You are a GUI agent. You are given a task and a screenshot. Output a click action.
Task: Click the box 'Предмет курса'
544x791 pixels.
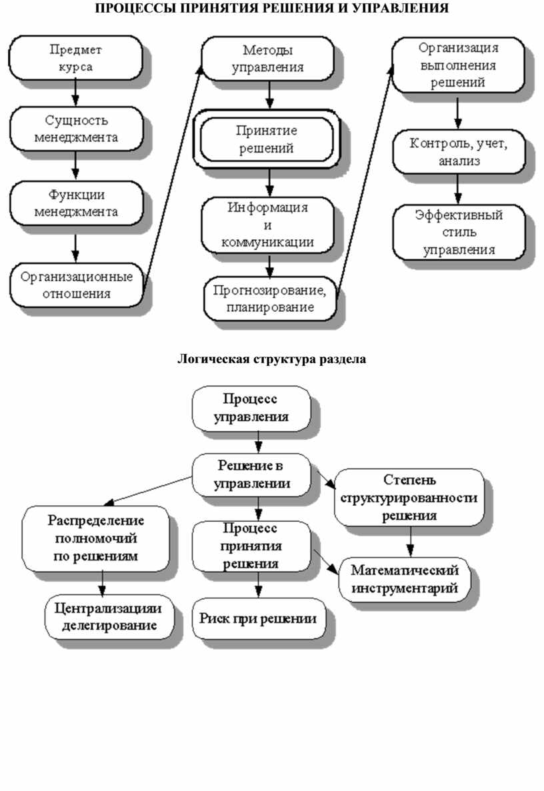pyautogui.click(x=75, y=57)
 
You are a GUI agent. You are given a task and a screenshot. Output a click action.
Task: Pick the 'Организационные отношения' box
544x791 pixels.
pyautogui.click(x=76, y=285)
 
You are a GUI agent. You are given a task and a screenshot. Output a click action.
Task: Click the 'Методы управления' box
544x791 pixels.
pyautogui.click(x=268, y=58)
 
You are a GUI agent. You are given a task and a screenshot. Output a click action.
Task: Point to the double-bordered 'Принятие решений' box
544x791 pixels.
pyautogui.click(x=267, y=139)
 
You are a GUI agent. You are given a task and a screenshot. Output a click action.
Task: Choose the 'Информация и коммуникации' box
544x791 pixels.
pyautogui.click(x=267, y=225)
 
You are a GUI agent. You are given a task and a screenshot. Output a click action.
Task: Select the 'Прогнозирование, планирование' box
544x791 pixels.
pyautogui.click(x=269, y=299)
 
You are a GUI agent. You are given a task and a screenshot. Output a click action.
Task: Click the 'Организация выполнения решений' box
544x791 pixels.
pyautogui.click(x=457, y=65)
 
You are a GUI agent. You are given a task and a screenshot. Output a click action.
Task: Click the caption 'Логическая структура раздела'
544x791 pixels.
pyautogui.click(x=271, y=360)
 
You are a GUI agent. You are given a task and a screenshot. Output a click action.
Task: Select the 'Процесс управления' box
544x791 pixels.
pyautogui.click(x=251, y=408)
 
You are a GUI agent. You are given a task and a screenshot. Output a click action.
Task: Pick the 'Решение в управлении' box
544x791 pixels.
pyautogui.click(x=251, y=474)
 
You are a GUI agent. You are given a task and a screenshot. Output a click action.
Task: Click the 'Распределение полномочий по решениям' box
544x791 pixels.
pyautogui.click(x=95, y=537)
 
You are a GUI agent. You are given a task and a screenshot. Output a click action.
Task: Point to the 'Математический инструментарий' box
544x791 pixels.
pyautogui.click(x=405, y=579)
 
